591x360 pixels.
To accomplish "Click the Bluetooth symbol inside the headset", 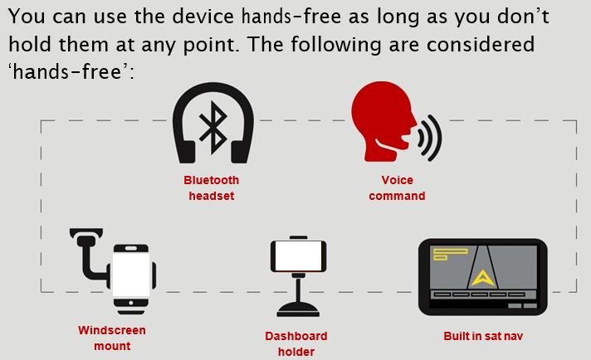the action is [213, 127].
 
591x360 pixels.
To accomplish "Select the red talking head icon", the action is [383, 121].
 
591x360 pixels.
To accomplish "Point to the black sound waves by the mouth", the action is [431, 138].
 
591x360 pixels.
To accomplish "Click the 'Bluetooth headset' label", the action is [212, 188].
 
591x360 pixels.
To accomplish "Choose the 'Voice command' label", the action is [397, 188].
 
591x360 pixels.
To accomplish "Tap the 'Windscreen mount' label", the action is [112, 338].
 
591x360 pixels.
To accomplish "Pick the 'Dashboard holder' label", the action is [296, 343].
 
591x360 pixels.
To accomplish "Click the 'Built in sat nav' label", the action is [483, 336].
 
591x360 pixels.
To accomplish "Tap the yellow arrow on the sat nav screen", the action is [483, 278].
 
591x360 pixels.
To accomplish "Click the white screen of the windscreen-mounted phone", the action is [131, 275].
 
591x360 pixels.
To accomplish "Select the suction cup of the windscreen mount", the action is [86, 232].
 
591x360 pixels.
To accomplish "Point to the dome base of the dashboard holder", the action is [298, 309].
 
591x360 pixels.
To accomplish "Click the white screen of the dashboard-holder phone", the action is [298, 255].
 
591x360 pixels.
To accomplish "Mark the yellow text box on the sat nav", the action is [451, 254].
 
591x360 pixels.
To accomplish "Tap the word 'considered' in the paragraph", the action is [481, 45].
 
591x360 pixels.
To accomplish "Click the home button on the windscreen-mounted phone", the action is [131, 303].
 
